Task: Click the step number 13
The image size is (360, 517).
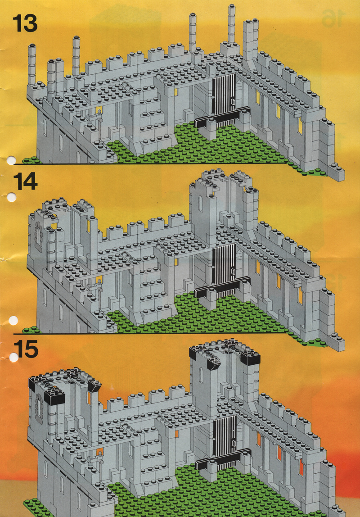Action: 25,24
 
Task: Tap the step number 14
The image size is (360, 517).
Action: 25,181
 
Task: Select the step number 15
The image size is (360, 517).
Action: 26,349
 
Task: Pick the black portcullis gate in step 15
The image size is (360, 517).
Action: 225,442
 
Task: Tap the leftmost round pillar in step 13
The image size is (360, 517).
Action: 32,65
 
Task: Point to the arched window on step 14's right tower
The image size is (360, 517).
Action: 201,204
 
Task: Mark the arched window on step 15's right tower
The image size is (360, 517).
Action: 201,375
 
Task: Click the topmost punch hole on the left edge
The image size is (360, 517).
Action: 11,161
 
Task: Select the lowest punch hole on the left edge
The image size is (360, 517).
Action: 14,357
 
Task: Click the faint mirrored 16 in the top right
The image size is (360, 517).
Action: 333,18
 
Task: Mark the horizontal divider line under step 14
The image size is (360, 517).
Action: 150,333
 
